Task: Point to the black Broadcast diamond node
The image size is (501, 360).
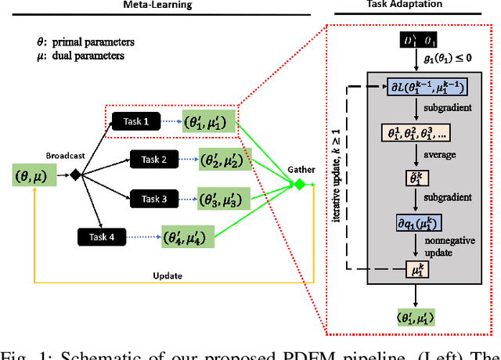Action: (x=76, y=175)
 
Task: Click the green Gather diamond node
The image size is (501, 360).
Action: (x=297, y=185)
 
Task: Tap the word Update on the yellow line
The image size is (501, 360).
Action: (x=168, y=275)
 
